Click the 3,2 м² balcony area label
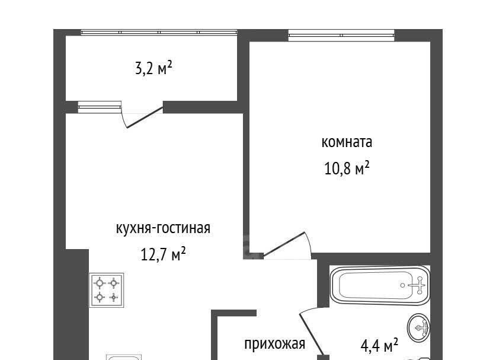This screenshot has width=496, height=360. (153, 68)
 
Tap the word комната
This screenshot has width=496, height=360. (347, 142)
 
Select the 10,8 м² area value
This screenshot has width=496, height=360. (347, 168)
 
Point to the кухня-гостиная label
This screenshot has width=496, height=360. (163, 228)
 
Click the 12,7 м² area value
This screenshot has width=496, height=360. (163, 254)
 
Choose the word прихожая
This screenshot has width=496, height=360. (274, 344)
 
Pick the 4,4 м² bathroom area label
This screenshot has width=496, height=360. (379, 345)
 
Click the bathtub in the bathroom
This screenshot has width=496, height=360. (380, 285)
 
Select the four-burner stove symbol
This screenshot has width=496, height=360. (106, 290)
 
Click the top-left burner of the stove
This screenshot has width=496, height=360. (100, 282)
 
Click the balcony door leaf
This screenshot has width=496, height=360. (145, 117)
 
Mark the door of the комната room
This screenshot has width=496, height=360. (284, 244)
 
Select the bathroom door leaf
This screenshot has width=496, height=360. (312, 333)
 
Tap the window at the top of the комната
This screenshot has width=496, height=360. (341, 35)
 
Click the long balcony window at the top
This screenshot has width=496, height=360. (159, 32)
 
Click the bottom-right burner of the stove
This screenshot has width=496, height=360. (114, 297)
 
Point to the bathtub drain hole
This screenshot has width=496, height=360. (402, 285)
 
